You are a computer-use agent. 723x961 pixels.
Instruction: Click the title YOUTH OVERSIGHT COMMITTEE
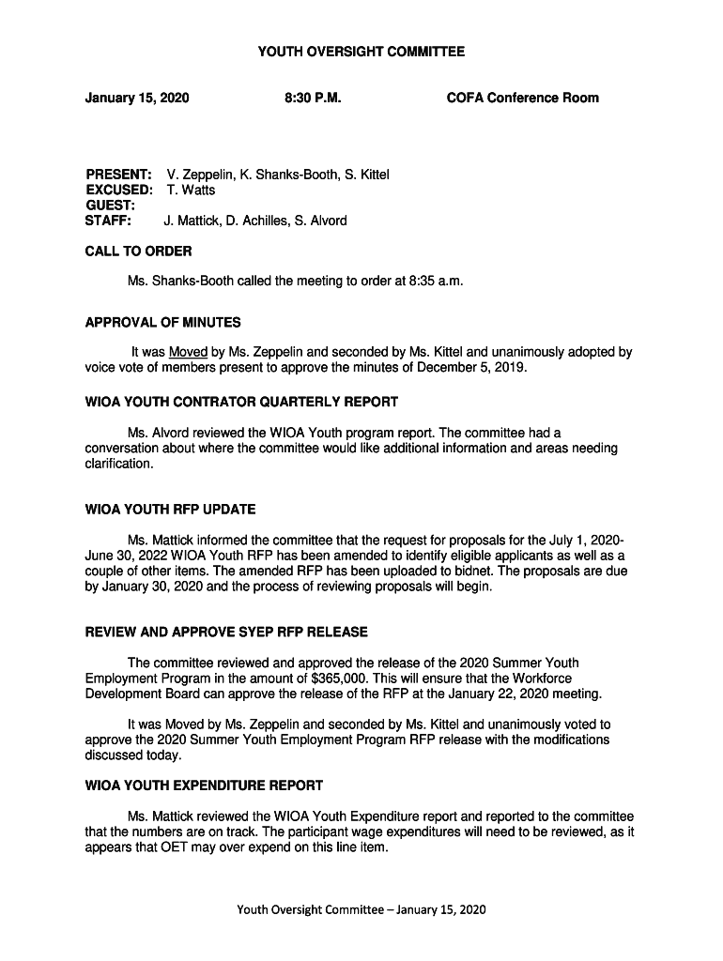[361, 53]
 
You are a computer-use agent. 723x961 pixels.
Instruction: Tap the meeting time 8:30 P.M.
[312, 98]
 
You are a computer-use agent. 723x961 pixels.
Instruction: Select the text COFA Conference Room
[522, 98]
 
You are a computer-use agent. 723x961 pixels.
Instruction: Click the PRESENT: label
[118, 175]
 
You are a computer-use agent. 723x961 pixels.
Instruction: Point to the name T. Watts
[191, 190]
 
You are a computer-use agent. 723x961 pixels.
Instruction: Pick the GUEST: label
[110, 205]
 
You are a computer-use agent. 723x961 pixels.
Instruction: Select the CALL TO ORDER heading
[138, 252]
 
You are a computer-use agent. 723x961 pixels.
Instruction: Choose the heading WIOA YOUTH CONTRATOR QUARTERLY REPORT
[241, 402]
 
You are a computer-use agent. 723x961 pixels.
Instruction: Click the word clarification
[118, 464]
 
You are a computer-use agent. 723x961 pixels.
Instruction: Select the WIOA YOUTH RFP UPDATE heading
[170, 510]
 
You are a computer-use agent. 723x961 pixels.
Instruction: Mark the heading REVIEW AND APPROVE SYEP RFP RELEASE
[226, 632]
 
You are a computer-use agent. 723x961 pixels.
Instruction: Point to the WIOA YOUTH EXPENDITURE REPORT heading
[204, 786]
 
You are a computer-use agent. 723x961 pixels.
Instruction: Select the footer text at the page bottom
[361, 909]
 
